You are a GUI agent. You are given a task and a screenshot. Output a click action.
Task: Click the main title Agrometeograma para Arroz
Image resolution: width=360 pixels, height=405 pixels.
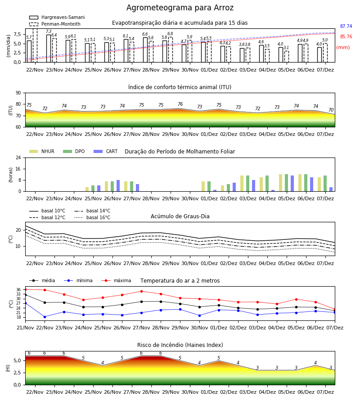coord(180,8)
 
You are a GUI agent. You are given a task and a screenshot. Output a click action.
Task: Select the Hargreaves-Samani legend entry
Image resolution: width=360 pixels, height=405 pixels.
coord(57,17)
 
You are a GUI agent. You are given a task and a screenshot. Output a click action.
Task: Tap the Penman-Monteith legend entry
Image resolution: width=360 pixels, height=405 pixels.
coord(55,24)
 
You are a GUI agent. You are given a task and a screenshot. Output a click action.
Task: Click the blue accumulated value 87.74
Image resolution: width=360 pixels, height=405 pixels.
coord(346,27)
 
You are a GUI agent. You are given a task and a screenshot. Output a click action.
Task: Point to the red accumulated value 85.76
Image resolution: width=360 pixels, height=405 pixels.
coord(346,37)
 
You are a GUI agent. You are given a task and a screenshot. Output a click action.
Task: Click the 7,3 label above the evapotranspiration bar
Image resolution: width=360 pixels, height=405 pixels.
coord(49,31)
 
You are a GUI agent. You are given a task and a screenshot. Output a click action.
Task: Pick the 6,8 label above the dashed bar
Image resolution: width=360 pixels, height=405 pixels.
coord(170,34)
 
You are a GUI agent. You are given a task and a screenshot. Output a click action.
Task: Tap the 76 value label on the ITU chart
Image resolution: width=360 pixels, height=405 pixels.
coord(180,104)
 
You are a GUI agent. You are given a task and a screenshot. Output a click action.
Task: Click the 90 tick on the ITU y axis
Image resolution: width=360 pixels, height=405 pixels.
coord(18,93)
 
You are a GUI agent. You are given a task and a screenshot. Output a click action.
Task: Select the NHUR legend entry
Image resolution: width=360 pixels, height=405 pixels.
coord(42,151)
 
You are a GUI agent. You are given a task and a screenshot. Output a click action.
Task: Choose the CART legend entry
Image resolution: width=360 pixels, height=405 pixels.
coord(106,151)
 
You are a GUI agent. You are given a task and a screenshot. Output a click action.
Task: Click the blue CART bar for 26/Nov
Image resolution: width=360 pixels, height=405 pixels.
coord(118,186)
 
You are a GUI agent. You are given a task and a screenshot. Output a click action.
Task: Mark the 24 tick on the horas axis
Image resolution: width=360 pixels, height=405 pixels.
coord(18,157)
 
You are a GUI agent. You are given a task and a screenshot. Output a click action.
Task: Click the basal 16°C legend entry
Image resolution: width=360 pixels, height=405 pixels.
coord(92,217)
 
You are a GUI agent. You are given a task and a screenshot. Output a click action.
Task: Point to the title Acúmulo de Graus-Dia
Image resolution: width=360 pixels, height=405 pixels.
coord(180,216)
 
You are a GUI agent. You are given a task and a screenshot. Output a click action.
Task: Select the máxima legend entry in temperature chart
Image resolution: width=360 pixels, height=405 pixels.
coord(116,280)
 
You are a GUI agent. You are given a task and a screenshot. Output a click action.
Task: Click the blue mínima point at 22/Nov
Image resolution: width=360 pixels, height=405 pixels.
coord(45,317)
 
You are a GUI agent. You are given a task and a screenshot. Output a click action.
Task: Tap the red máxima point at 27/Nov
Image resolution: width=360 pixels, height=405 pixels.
coord(141,291)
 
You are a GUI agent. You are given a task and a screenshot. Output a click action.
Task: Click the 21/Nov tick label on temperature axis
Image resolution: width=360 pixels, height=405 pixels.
coord(25,328)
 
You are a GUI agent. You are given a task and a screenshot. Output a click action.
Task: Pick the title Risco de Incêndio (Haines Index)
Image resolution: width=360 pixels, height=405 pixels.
coord(180,345)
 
